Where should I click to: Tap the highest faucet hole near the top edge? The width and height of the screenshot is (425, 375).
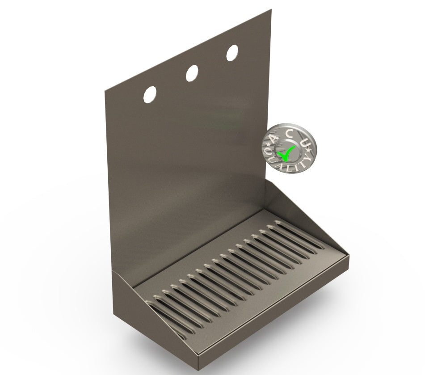click(x=232, y=53)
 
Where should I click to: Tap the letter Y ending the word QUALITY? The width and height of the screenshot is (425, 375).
click(x=308, y=159)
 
